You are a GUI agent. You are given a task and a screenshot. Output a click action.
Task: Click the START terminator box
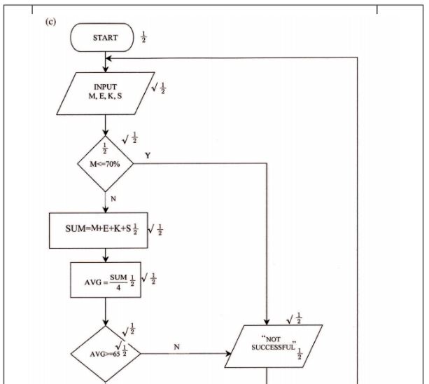[104, 38]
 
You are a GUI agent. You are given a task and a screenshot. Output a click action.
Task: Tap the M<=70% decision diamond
[105, 163]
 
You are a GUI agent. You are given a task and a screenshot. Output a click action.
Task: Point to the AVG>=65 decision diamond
[105, 352]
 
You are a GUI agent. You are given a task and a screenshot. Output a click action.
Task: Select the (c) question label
[50, 21]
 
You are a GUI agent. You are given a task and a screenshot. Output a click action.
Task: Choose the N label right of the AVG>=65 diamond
[176, 346]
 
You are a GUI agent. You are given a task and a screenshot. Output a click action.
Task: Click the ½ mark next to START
[144, 37]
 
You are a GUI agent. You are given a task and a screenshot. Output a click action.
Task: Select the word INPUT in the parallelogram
[105, 87]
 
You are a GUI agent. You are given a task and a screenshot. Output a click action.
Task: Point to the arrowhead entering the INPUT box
[105, 68]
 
